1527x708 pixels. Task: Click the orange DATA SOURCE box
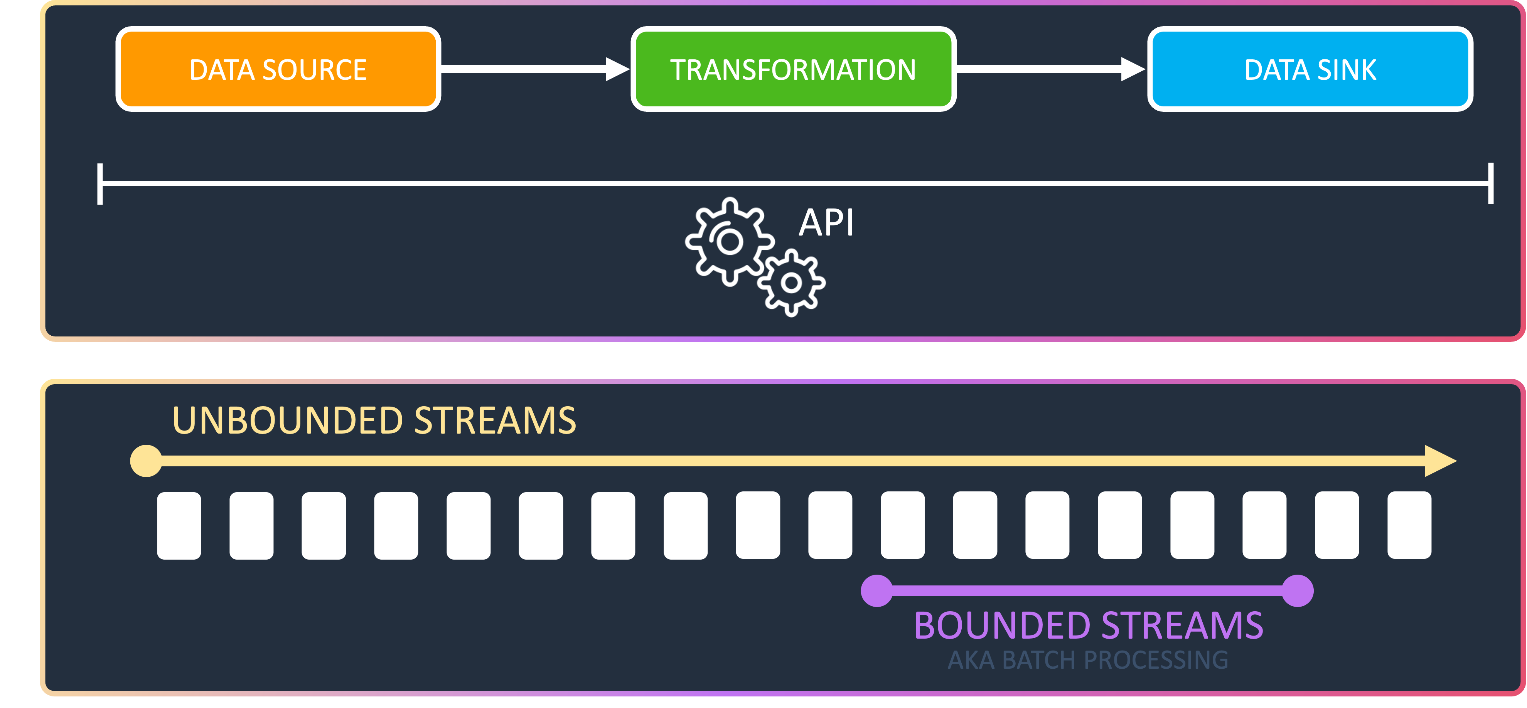coord(278,69)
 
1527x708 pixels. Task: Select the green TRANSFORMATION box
coord(793,69)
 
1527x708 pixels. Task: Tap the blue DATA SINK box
coord(1310,69)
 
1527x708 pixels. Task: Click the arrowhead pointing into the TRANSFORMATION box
coord(617,69)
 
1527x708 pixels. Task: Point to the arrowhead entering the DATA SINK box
coord(1133,69)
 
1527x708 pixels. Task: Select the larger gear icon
coord(730,241)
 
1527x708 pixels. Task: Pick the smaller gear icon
coord(791,283)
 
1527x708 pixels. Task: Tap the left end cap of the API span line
coord(100,184)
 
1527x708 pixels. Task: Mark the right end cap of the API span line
coord(1490,184)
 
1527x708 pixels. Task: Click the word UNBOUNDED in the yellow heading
coord(288,420)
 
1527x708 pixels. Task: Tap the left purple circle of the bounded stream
coord(877,591)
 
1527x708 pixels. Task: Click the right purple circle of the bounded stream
coord(1298,591)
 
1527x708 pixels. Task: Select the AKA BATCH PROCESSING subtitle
coord(1088,660)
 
